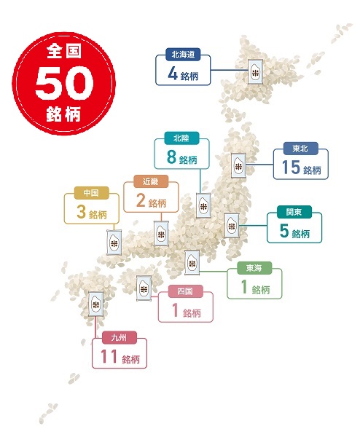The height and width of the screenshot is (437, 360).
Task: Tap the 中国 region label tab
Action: pyautogui.click(x=90, y=194)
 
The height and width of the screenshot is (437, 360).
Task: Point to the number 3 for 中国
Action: pyautogui.click(x=79, y=213)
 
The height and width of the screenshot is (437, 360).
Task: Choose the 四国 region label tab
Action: pyautogui.click(x=186, y=292)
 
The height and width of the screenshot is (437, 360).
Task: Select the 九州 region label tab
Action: pyautogui.click(x=119, y=338)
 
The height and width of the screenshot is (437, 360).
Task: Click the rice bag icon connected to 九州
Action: pyautogui.click(x=95, y=304)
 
